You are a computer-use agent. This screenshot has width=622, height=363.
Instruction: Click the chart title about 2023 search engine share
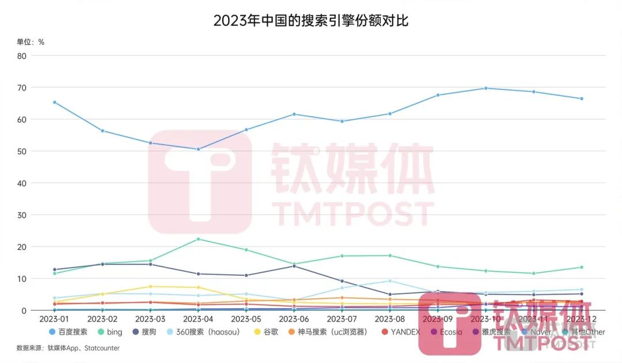pos(311,21)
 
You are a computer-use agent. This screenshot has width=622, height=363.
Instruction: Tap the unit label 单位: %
pos(31,41)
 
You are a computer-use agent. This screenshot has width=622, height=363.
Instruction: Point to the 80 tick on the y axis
pos(21,56)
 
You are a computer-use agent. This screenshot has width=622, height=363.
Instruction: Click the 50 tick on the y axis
pos(21,152)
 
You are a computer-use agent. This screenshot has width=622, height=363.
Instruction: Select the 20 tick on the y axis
pos(21,247)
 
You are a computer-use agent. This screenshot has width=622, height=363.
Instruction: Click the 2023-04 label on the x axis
pos(198,319)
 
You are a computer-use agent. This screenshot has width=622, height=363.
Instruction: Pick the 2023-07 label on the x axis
pos(342,319)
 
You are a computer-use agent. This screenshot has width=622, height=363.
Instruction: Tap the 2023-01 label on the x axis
pos(55,319)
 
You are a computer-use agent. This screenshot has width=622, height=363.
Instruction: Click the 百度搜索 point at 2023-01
pos(55,102)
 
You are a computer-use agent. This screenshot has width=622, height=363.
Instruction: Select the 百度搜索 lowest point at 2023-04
pos(198,149)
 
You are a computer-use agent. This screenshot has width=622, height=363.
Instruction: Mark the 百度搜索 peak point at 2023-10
pos(486,88)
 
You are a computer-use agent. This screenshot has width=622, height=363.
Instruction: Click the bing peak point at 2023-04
pos(198,239)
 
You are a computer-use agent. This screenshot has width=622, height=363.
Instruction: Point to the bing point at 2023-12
pos(581,267)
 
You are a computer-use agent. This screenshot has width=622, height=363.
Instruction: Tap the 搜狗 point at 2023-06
pos(294,266)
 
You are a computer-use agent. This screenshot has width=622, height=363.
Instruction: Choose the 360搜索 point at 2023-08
pos(390,281)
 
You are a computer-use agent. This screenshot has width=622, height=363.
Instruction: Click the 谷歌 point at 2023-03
pos(150,286)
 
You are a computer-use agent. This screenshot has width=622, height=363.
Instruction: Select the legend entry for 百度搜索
pos(69,332)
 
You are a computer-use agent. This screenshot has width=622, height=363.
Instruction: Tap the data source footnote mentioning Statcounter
pos(67,348)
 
